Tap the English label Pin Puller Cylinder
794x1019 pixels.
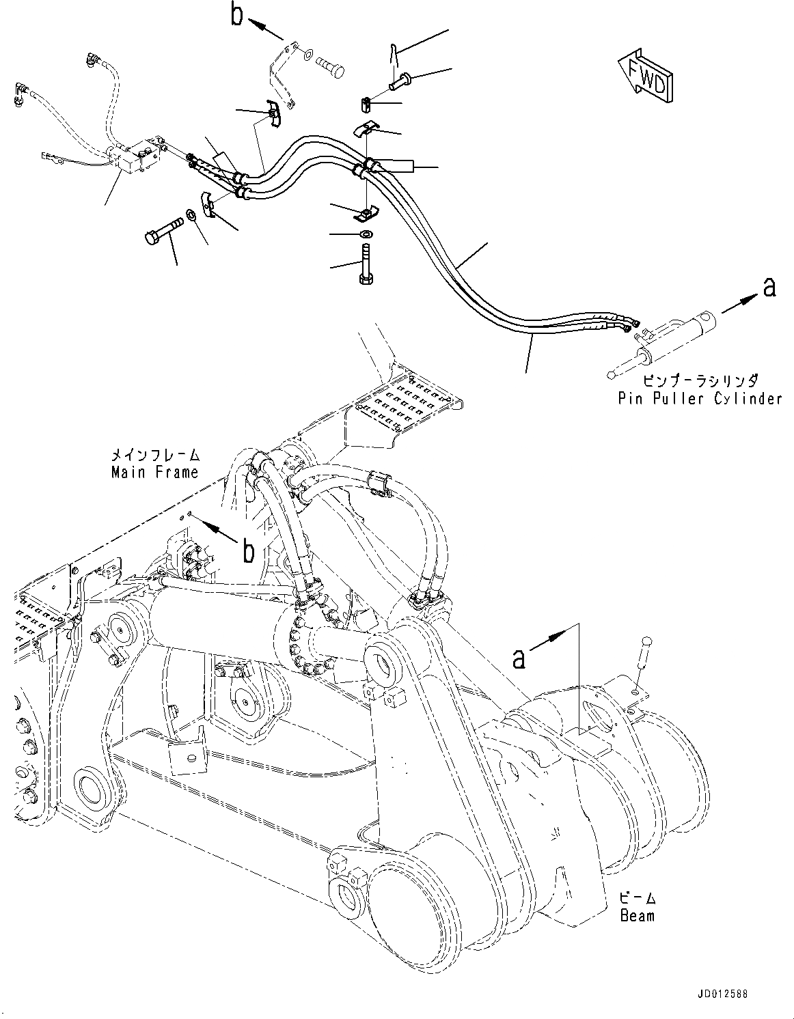pyautogui.click(x=699, y=399)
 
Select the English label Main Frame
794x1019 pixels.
pyautogui.click(x=154, y=472)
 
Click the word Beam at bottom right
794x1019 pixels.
pyautogui.click(x=637, y=915)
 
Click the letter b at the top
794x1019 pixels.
pyautogui.click(x=236, y=15)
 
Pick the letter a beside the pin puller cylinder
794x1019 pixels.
pyautogui.click(x=769, y=288)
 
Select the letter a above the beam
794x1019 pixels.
pyautogui.click(x=520, y=658)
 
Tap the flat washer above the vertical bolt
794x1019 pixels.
pyautogui.click(x=366, y=234)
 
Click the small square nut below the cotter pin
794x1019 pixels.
pyautogui.click(x=366, y=104)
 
